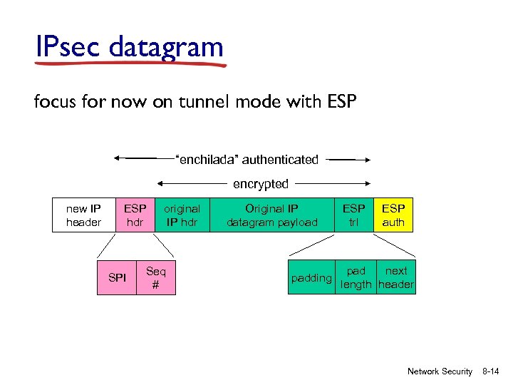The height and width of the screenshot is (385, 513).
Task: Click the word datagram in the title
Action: coord(167,47)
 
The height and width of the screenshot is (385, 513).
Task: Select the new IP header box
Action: coord(83,215)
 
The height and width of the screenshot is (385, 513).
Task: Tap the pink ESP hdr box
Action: coord(135,215)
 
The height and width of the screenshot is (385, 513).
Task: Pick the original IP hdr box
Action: coord(182,215)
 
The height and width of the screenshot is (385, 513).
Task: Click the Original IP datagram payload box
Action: coord(271,215)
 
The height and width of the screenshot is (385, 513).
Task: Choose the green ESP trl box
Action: coord(353,215)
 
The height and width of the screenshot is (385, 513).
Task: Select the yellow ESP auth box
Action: coord(393,215)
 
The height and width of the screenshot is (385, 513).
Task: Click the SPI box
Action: coord(118,277)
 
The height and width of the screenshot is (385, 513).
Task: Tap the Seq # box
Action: coord(155,277)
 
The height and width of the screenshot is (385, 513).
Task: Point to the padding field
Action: coord(312,278)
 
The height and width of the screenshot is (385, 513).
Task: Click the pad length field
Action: coord(356,277)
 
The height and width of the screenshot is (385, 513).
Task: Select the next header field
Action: coord(396,277)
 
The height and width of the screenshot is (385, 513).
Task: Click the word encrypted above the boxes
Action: coord(261,184)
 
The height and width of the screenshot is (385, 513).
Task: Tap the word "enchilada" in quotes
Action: coord(207,160)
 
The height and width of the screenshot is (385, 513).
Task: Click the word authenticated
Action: coord(280,160)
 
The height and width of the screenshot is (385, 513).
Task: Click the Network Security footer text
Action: coord(440,371)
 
